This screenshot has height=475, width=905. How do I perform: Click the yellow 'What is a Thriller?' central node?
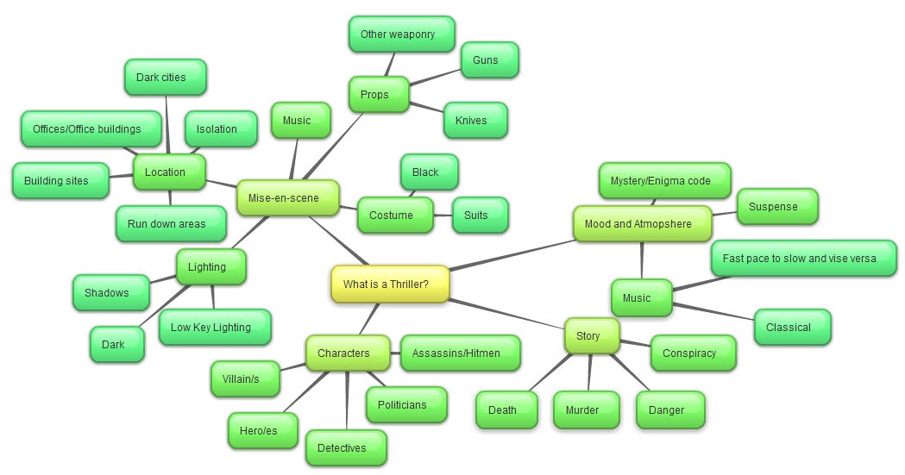click(x=390, y=284)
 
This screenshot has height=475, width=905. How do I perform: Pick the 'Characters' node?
click(x=343, y=353)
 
